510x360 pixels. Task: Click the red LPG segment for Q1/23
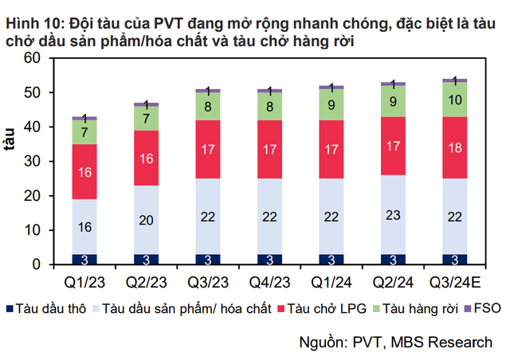(x=84, y=171)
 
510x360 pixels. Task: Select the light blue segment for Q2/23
(x=146, y=220)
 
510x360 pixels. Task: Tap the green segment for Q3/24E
(x=454, y=100)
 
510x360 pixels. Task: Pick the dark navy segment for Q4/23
(x=269, y=259)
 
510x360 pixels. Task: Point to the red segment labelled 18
(x=454, y=148)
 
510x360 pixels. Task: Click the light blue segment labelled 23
(x=393, y=214)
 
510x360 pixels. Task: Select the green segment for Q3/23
(x=208, y=106)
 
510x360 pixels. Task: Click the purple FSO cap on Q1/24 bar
(x=331, y=86)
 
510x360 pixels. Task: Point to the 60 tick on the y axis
(x=32, y=58)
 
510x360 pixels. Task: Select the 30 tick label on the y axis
(x=32, y=162)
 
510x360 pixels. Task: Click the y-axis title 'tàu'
(x=11, y=159)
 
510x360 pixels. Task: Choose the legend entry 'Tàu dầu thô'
(x=45, y=308)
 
